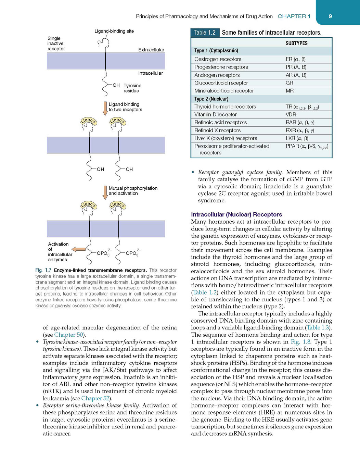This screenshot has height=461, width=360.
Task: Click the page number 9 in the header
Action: tap(330, 16)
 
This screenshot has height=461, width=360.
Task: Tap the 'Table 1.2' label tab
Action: tap(205, 33)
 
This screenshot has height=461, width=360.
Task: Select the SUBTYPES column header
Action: tap(296, 43)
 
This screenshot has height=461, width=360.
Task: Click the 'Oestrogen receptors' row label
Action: tap(218, 59)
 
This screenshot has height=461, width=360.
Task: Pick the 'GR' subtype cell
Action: tap(290, 83)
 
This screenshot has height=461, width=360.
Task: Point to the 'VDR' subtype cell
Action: tap(291, 114)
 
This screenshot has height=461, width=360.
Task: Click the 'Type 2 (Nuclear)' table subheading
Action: tap(211, 99)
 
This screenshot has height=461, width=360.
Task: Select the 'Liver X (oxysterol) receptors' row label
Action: tap(226, 138)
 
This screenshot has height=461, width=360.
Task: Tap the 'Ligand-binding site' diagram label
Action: tap(114, 31)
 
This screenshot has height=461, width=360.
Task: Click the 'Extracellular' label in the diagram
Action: tap(151, 50)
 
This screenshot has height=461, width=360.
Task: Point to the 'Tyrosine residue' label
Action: tap(132, 88)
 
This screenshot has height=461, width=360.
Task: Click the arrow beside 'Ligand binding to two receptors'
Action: tap(105, 108)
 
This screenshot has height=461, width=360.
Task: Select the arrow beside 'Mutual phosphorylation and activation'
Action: tap(105, 192)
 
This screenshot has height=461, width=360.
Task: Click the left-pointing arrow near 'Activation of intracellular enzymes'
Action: tap(79, 249)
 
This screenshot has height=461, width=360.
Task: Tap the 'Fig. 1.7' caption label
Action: tap(43, 270)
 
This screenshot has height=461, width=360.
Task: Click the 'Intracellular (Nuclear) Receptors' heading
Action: tap(236, 214)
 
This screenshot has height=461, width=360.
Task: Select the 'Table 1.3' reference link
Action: tap(318, 327)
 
